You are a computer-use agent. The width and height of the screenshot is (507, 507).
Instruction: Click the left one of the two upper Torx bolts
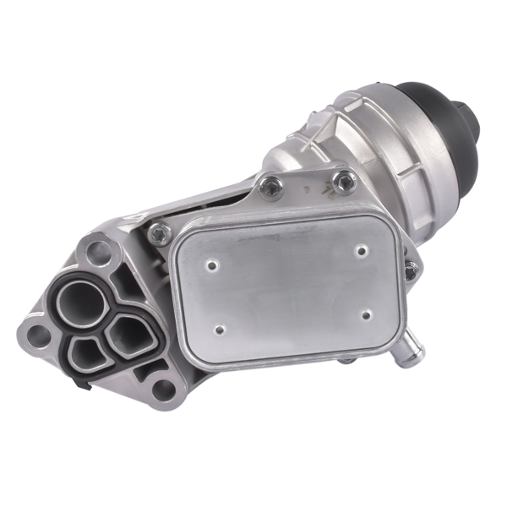tap(271, 187)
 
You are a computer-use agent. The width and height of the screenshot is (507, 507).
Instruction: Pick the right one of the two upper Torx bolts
tap(344, 181)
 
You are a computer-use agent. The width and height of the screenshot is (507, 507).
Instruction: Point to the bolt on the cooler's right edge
tap(411, 271)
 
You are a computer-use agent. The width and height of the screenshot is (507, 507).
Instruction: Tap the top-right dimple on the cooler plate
tap(361, 249)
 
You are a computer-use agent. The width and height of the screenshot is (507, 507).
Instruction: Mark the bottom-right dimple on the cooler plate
tap(366, 314)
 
